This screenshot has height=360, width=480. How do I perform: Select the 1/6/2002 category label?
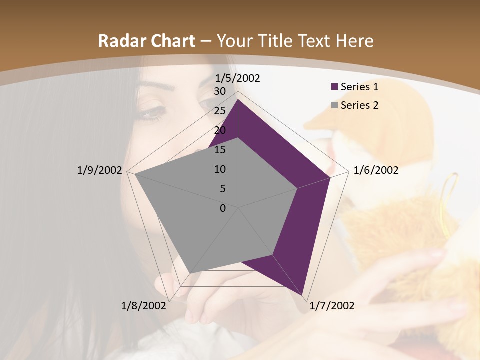pyautogui.click(x=376, y=170)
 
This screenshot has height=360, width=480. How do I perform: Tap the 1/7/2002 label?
pyautogui.click(x=332, y=305)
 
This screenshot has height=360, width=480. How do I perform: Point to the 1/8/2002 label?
pyautogui.click(x=144, y=305)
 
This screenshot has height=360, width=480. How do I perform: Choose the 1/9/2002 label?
pyautogui.click(x=99, y=170)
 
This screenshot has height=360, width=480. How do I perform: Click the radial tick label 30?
pyautogui.click(x=219, y=91)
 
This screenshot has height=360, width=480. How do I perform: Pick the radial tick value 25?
pyautogui.click(x=219, y=111)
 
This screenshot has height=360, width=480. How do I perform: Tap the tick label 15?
pyautogui.click(x=219, y=150)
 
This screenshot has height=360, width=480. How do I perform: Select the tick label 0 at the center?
pyautogui.click(x=223, y=208)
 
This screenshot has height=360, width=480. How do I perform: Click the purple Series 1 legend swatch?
pyautogui.click(x=335, y=87)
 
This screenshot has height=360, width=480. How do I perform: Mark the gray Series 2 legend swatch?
pyautogui.click(x=335, y=105)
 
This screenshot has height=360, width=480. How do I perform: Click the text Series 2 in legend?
pyautogui.click(x=359, y=105)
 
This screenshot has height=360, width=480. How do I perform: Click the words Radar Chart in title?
pyautogui.click(x=146, y=41)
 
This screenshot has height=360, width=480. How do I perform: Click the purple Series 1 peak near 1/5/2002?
pyautogui.click(x=238, y=100)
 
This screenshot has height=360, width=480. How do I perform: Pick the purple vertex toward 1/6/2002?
pyautogui.click(x=330, y=177)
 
